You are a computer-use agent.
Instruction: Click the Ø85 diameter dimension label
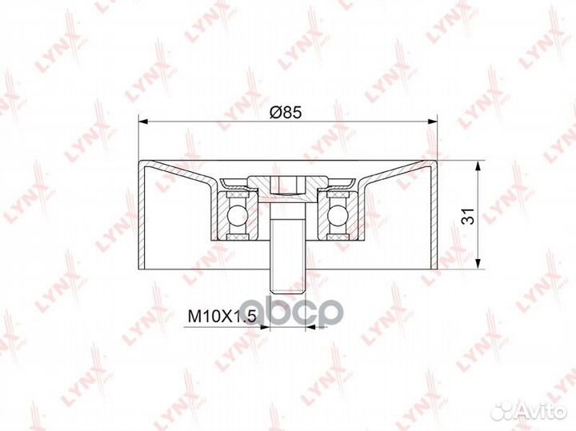tap(285, 112)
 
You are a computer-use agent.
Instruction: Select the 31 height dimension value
tap(468, 216)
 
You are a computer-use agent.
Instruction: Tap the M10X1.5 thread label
tap(222, 316)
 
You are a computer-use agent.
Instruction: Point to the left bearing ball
tap(234, 214)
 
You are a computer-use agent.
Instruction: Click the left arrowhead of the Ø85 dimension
tap(143, 122)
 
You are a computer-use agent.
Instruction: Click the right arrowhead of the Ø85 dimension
tap(432, 122)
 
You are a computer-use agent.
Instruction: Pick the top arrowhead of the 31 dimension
tap(478, 166)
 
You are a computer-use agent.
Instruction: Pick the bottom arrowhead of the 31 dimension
tap(478, 264)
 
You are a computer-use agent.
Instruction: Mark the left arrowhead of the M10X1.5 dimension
tap(265, 326)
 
